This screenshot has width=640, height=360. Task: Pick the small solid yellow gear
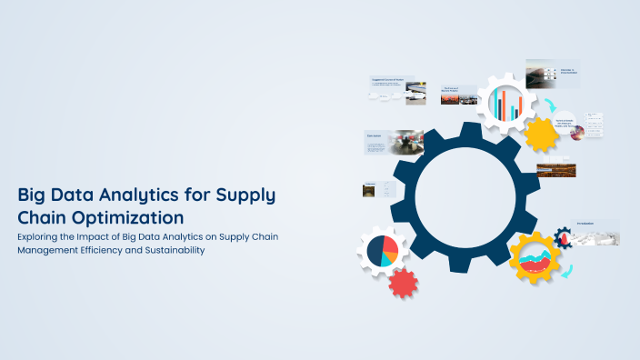pyautogui.click(x=543, y=134)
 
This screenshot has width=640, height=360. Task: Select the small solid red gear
pyautogui.click(x=402, y=283)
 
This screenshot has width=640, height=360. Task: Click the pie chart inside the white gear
pyautogui.click(x=383, y=252)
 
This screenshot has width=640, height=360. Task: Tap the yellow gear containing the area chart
pyautogui.click(x=535, y=258)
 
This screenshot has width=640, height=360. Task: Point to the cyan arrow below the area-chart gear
pyautogui.click(x=567, y=272)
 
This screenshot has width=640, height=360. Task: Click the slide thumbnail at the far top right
pyautogui.click(x=552, y=74)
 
